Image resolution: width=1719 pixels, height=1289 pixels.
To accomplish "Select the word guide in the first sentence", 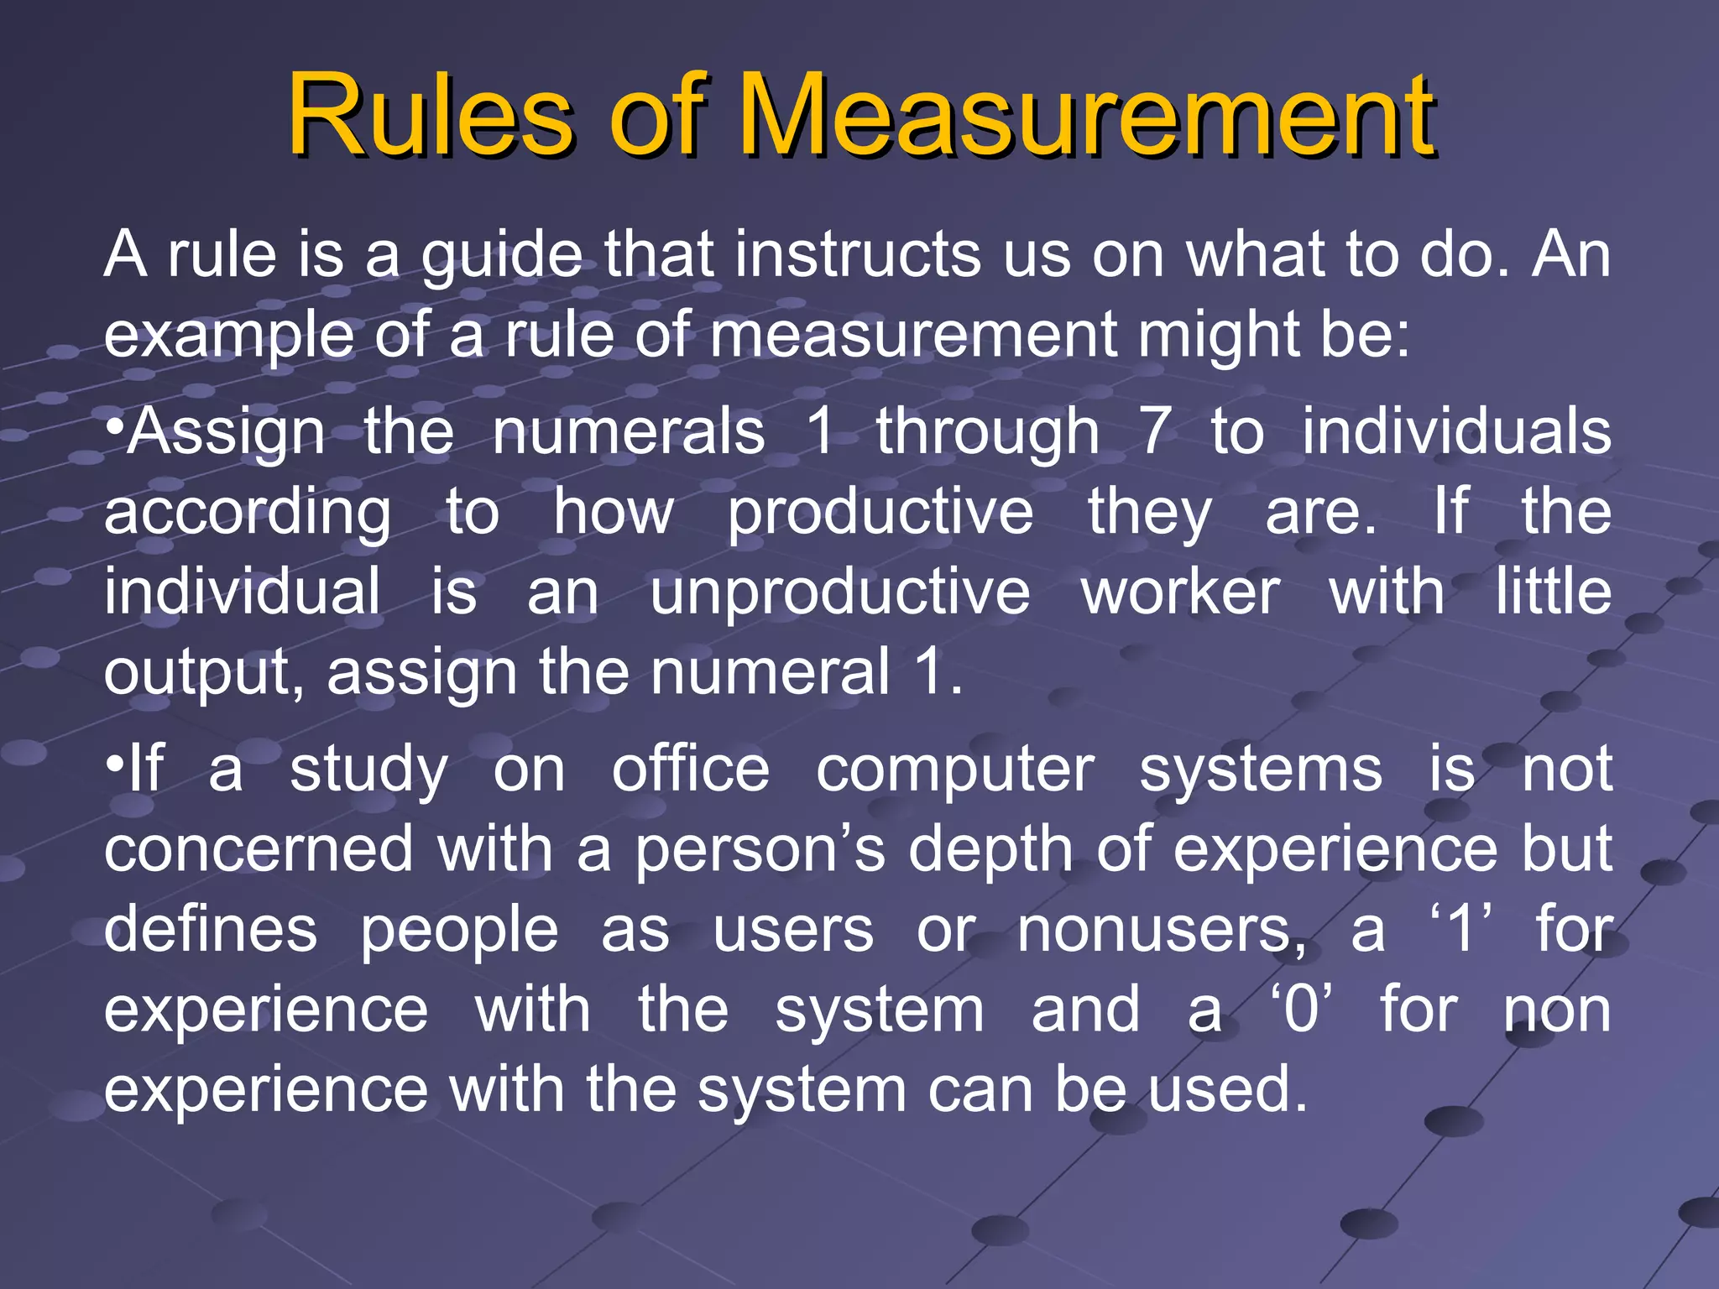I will pos(501,256).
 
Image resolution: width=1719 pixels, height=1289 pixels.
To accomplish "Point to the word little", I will pos(1554,592).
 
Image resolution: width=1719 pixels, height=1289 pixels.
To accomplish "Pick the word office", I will pos(690,770).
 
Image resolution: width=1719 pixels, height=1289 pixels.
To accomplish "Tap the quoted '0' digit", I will pos(1301,1010).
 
